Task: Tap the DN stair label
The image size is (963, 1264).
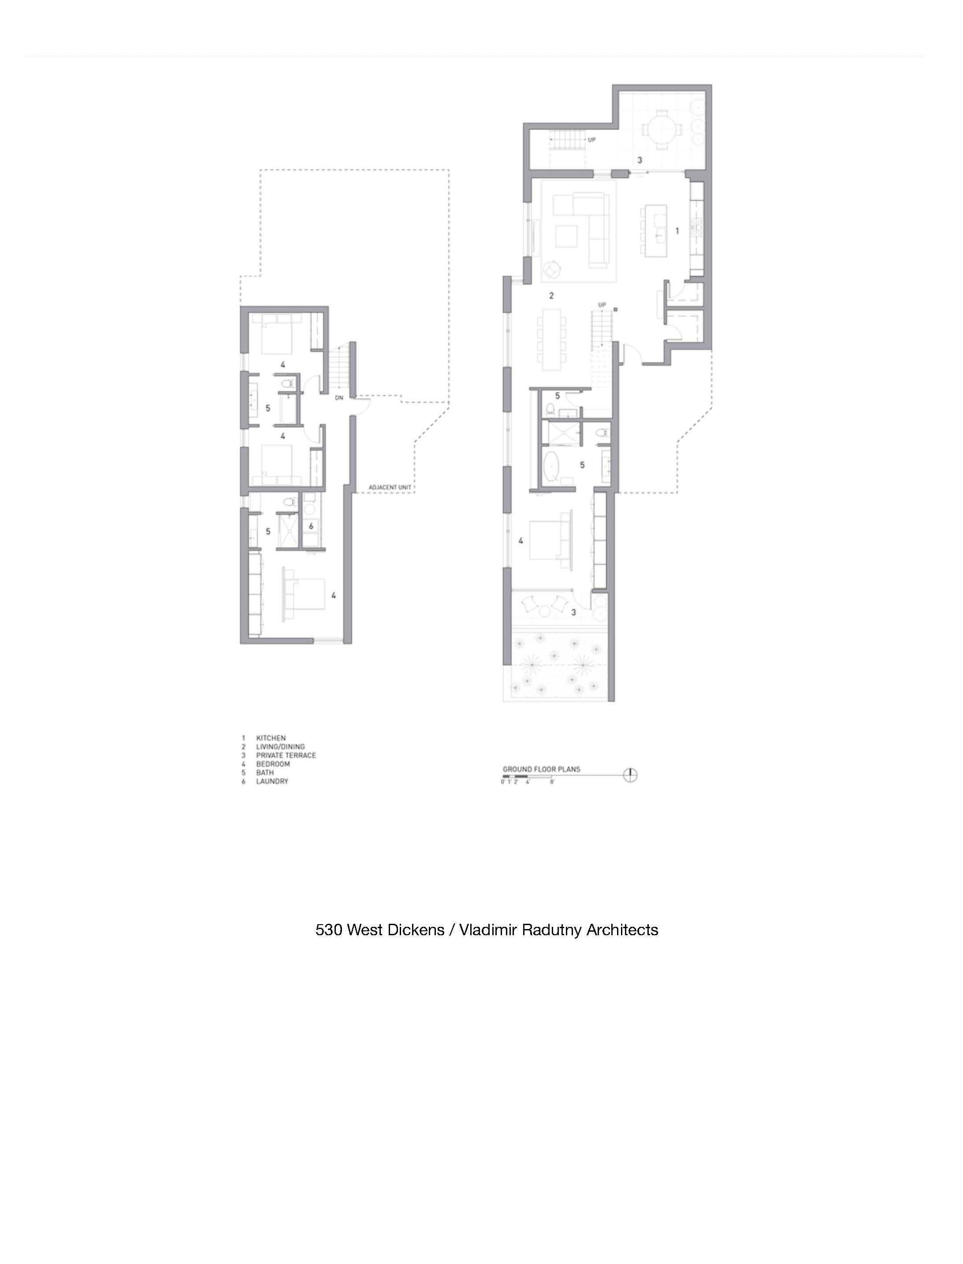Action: pos(339,397)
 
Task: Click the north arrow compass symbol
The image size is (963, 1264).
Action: pos(631,775)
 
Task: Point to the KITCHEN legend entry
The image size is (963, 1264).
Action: pos(271,738)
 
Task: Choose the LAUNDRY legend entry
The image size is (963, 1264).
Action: pos(272,781)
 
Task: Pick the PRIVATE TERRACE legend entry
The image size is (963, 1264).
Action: pos(286,755)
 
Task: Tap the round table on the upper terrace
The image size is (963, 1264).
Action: pos(662,129)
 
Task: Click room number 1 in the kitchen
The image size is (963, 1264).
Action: pos(677,231)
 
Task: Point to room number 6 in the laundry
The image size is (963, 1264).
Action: pos(311,526)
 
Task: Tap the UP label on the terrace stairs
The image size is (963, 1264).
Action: pos(591,139)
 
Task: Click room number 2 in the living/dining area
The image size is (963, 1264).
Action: pos(551,296)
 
